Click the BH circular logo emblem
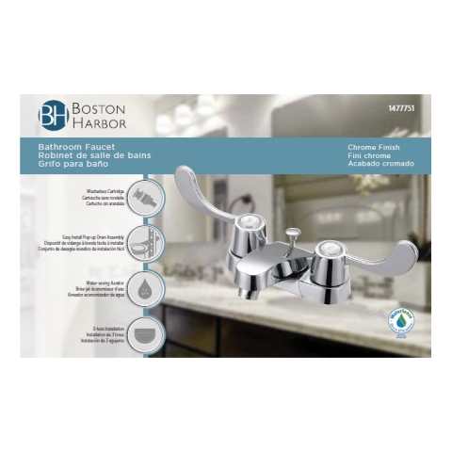(x=53, y=114)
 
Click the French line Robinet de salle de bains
(x=94, y=155)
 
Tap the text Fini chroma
(x=370, y=155)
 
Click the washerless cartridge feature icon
(x=143, y=198)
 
